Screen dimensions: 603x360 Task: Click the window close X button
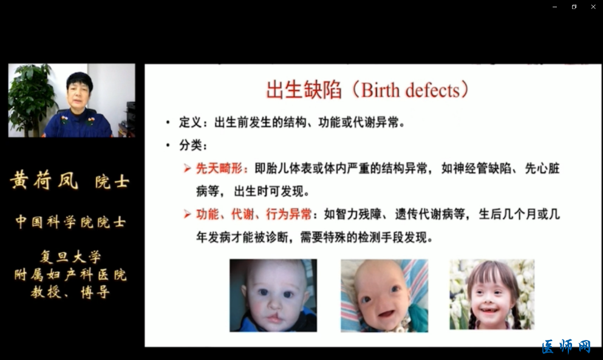[x=593, y=7]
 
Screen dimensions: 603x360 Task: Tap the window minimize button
[x=554, y=7]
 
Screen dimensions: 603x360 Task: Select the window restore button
[x=574, y=7]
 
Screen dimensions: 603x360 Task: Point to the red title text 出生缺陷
[x=304, y=90]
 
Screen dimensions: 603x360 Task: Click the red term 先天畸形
[x=219, y=168]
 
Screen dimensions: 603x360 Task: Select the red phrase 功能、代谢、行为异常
[x=254, y=214]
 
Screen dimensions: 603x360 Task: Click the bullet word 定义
[x=190, y=123]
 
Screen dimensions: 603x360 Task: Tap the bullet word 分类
[x=190, y=145]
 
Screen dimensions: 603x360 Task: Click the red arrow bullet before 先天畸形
[x=187, y=168]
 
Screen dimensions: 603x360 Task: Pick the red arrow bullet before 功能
[x=187, y=214]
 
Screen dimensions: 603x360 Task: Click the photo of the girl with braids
[x=492, y=294]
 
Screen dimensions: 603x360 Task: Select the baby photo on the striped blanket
[x=384, y=296]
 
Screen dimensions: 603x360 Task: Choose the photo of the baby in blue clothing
[x=273, y=296]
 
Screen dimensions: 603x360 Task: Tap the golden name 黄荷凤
[x=44, y=180]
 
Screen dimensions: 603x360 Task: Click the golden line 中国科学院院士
[x=70, y=222]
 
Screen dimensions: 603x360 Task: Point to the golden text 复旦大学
[x=70, y=257]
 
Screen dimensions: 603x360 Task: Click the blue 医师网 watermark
[x=566, y=346]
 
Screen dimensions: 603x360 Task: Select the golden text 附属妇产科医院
[x=70, y=274]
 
